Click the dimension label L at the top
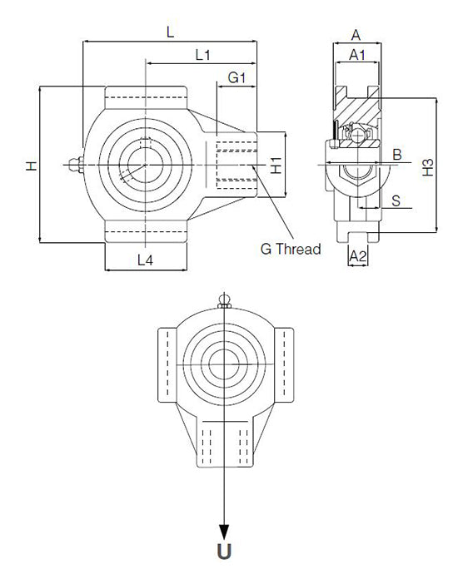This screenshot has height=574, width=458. pyautogui.click(x=171, y=32)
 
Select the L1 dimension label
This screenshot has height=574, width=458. pyautogui.click(x=202, y=55)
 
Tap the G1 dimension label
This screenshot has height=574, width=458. pyautogui.click(x=236, y=77)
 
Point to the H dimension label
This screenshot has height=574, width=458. pyautogui.click(x=32, y=166)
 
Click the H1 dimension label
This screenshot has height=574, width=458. pyautogui.click(x=276, y=165)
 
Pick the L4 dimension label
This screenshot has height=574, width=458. pyautogui.click(x=146, y=260)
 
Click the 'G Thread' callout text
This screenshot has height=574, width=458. pyautogui.click(x=291, y=249)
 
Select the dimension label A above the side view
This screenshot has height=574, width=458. pyautogui.click(x=356, y=36)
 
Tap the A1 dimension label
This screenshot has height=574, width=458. pyautogui.click(x=357, y=55)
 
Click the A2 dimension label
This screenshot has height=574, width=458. pyautogui.click(x=358, y=256)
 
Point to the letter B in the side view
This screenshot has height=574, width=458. pyautogui.click(x=397, y=155)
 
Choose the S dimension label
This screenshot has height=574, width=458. pyautogui.click(x=396, y=200)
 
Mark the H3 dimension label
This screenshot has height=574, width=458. pyautogui.click(x=428, y=167)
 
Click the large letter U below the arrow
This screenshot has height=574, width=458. pyautogui.click(x=224, y=552)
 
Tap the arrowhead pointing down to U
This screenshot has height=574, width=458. pyautogui.click(x=224, y=532)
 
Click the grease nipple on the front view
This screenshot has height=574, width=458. pyautogui.click(x=76, y=165)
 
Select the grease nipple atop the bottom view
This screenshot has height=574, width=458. pyautogui.click(x=224, y=300)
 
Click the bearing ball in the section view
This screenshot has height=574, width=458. pyautogui.click(x=357, y=136)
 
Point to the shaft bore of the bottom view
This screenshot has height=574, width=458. pyautogui.click(x=224, y=364)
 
